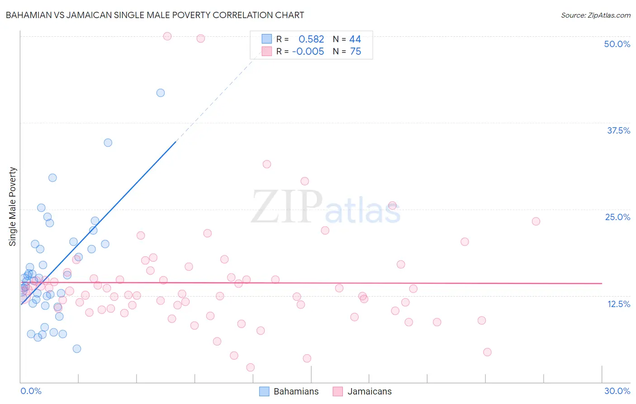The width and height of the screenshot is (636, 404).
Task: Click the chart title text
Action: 155,15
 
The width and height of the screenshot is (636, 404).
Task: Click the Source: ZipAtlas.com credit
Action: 595,15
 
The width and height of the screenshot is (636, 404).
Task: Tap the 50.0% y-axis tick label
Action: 617,44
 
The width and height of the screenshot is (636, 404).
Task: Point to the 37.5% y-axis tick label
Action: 618,130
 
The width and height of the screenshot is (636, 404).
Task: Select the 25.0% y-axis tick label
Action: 617,217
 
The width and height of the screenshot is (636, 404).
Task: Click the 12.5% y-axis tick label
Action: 618,304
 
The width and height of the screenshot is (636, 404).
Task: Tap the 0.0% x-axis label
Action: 31,391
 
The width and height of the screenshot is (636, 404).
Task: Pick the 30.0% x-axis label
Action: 617,391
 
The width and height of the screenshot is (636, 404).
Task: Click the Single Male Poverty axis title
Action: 13,207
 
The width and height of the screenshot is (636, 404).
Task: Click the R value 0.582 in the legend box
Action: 311,39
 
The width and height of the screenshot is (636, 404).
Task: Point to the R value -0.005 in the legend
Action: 308,52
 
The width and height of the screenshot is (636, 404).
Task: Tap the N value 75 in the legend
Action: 356,52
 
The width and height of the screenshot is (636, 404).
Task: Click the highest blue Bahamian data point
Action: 161,93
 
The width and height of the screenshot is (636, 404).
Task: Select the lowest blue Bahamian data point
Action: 77,349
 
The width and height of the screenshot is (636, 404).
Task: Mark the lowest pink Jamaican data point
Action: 251,367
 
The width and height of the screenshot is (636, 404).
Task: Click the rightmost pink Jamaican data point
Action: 536,221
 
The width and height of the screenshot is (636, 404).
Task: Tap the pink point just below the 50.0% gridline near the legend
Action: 200,38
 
